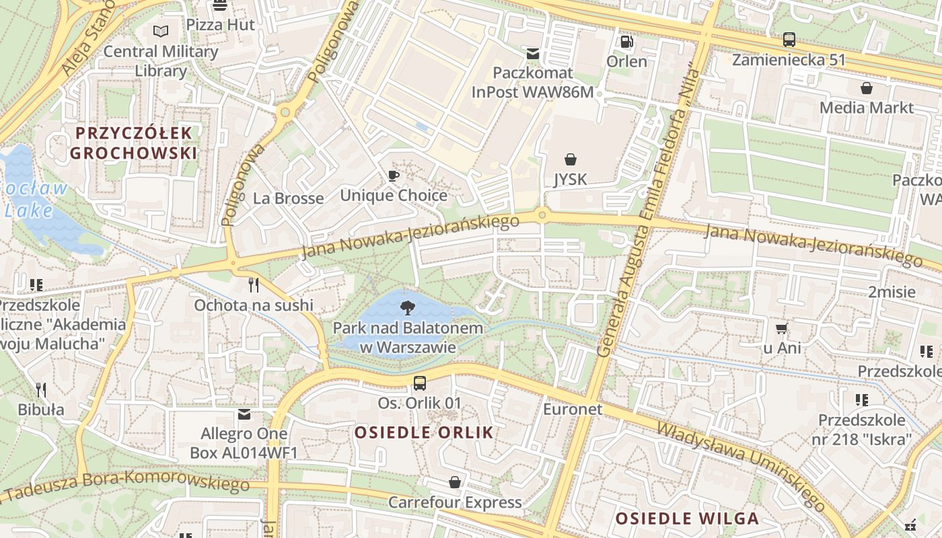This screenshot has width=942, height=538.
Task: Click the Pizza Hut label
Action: click(x=220, y=25)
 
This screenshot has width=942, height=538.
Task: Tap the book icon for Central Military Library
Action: click(x=160, y=31)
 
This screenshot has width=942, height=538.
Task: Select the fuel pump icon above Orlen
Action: click(x=626, y=42)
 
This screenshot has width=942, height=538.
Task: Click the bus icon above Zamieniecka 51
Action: click(x=789, y=40)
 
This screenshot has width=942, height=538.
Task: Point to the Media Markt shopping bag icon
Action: click(x=867, y=88)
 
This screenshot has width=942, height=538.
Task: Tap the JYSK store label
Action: click(x=570, y=180)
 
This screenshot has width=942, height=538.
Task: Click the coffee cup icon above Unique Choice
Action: click(x=394, y=176)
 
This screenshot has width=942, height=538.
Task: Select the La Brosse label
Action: click(x=288, y=198)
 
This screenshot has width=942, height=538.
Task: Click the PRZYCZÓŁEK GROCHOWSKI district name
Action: click(x=133, y=143)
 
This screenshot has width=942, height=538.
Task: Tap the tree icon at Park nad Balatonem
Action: click(x=407, y=309)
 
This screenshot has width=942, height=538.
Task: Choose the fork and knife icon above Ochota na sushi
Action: click(x=254, y=285)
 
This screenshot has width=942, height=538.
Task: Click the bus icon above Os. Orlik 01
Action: click(x=419, y=383)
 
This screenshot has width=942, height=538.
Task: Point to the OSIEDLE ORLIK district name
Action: click(x=424, y=432)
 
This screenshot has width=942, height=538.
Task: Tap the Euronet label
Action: click(x=572, y=409)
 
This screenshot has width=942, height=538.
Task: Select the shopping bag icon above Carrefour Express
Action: click(x=455, y=482)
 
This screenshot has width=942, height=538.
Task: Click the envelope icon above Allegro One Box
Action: click(x=244, y=414)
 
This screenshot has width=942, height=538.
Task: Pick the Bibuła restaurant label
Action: click(x=41, y=410)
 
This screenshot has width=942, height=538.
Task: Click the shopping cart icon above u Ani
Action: click(x=781, y=328)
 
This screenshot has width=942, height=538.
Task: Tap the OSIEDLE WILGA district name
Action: click(x=687, y=518)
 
